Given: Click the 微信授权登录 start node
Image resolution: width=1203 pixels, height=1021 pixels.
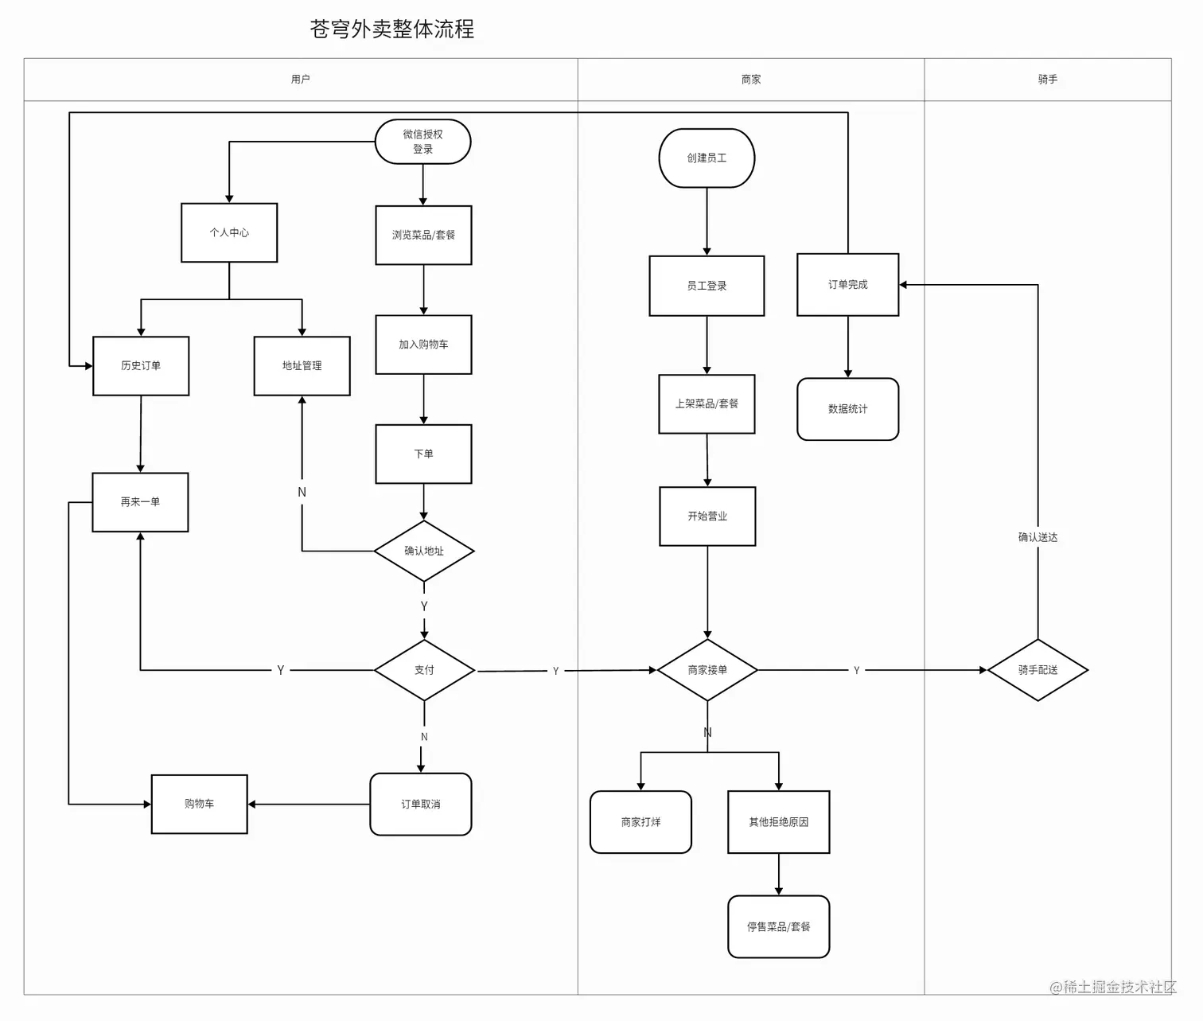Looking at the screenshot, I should coord(422,142).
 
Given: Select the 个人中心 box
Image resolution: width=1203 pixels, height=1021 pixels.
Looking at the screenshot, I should coord(229,232).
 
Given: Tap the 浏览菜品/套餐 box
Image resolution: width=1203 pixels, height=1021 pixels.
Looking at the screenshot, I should coord(423,235).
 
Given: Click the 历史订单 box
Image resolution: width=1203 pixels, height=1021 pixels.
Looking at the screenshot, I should coord(141,365).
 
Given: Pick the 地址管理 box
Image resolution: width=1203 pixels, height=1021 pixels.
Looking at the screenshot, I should coord(302,365).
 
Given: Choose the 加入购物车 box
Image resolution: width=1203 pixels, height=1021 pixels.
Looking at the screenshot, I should coord(423,345).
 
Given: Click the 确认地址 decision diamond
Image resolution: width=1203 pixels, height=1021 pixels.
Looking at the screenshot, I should coord(424,551).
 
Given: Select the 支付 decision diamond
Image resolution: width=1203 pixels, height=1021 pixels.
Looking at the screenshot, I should coord(424,670).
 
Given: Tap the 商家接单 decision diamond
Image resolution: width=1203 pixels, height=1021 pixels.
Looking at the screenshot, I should coord(707,670).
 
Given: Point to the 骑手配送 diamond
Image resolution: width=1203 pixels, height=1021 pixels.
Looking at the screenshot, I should coord(1038,670).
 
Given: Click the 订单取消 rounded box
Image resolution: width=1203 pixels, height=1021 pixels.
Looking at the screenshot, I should coord(421,804).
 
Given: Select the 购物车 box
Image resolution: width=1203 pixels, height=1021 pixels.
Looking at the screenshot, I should coord(200,804).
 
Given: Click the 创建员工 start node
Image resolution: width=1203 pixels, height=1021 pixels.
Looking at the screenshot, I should coord(707,158).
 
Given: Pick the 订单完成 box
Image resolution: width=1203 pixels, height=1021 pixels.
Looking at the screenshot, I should coord(847,284).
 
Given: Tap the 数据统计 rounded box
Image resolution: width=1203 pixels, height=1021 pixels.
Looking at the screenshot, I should coord(847,409).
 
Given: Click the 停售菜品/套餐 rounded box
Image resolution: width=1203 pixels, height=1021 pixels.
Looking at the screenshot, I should coord(778,926).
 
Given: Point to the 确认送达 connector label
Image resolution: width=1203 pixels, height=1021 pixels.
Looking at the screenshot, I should coord(1038,537).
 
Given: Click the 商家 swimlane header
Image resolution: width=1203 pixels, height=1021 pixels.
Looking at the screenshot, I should coord(750,80).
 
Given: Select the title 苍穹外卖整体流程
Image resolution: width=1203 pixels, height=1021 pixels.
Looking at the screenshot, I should coord(392,29).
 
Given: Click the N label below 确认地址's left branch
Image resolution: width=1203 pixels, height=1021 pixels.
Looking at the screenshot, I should coord(302,492).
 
